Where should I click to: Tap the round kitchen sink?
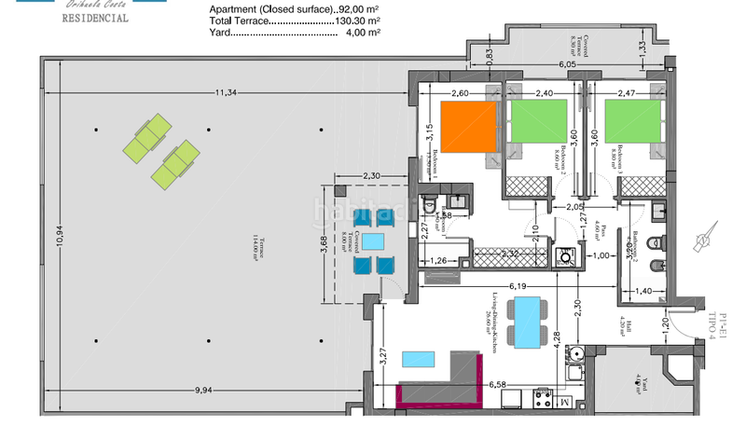[x=579, y=353]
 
